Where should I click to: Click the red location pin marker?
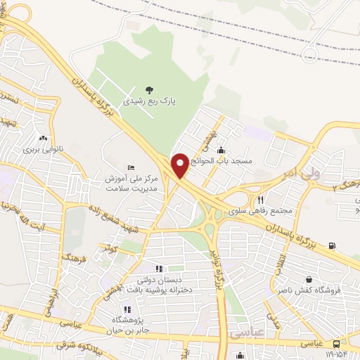pyautogui.click(x=181, y=165)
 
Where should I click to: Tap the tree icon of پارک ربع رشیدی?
pyautogui.click(x=148, y=89)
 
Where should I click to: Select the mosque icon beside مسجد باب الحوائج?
pyautogui.click(x=221, y=150)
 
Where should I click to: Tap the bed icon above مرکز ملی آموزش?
pyautogui.click(x=131, y=167)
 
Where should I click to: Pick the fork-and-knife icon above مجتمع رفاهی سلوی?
pyautogui.click(x=260, y=199)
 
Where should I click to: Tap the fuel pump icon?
pyautogui.click(x=331, y=245)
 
